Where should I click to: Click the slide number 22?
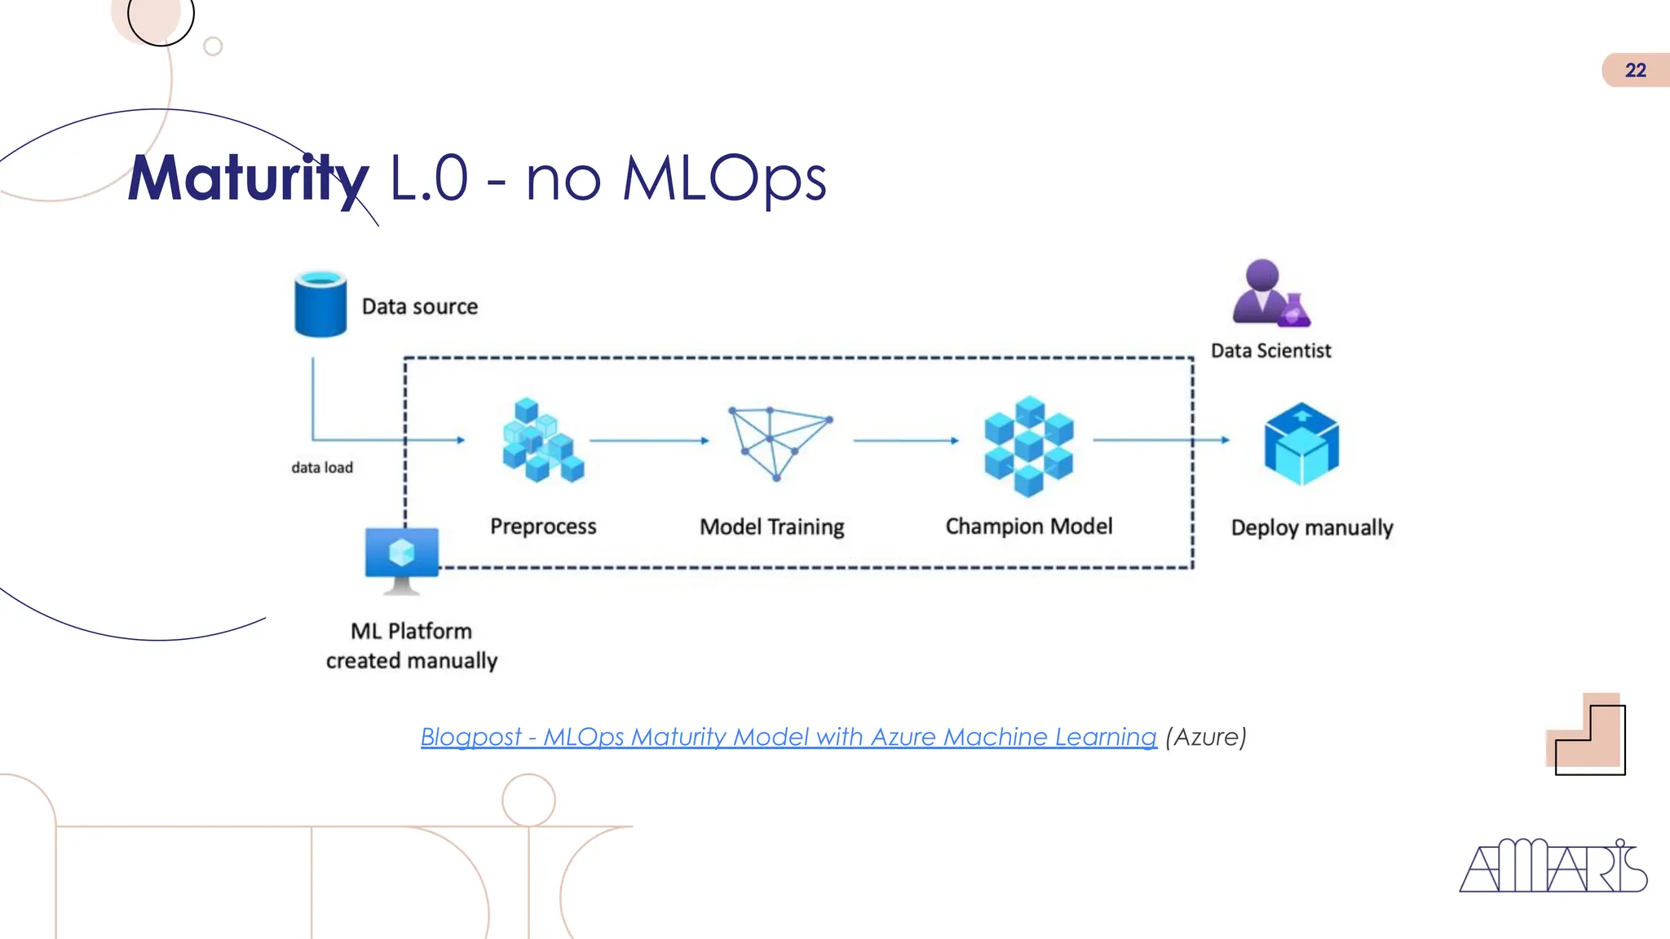pyautogui.click(x=1634, y=70)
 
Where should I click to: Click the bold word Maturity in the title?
pyautogui.click(x=249, y=179)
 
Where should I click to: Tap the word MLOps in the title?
pyautogui.click(x=724, y=179)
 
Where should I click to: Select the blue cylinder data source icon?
pyautogui.click(x=320, y=304)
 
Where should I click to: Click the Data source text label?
pyautogui.click(x=420, y=306)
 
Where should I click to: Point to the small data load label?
pyautogui.click(x=322, y=468)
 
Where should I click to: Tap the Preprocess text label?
pyautogui.click(x=543, y=527)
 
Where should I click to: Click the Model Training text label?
pyautogui.click(x=771, y=527)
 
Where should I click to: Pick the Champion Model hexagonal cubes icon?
pyautogui.click(x=1028, y=446)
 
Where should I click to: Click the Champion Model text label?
pyautogui.click(x=1028, y=527)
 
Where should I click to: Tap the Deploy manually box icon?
pyautogui.click(x=1301, y=444)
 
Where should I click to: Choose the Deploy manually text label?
pyautogui.click(x=1311, y=528)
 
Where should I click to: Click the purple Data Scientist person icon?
pyautogui.click(x=1269, y=293)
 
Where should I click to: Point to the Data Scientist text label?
pyautogui.click(x=1270, y=350)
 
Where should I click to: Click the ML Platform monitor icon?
pyautogui.click(x=401, y=559)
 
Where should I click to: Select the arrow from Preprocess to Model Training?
pyautogui.click(x=649, y=441)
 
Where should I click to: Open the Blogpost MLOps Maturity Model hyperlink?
pyautogui.click(x=788, y=737)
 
